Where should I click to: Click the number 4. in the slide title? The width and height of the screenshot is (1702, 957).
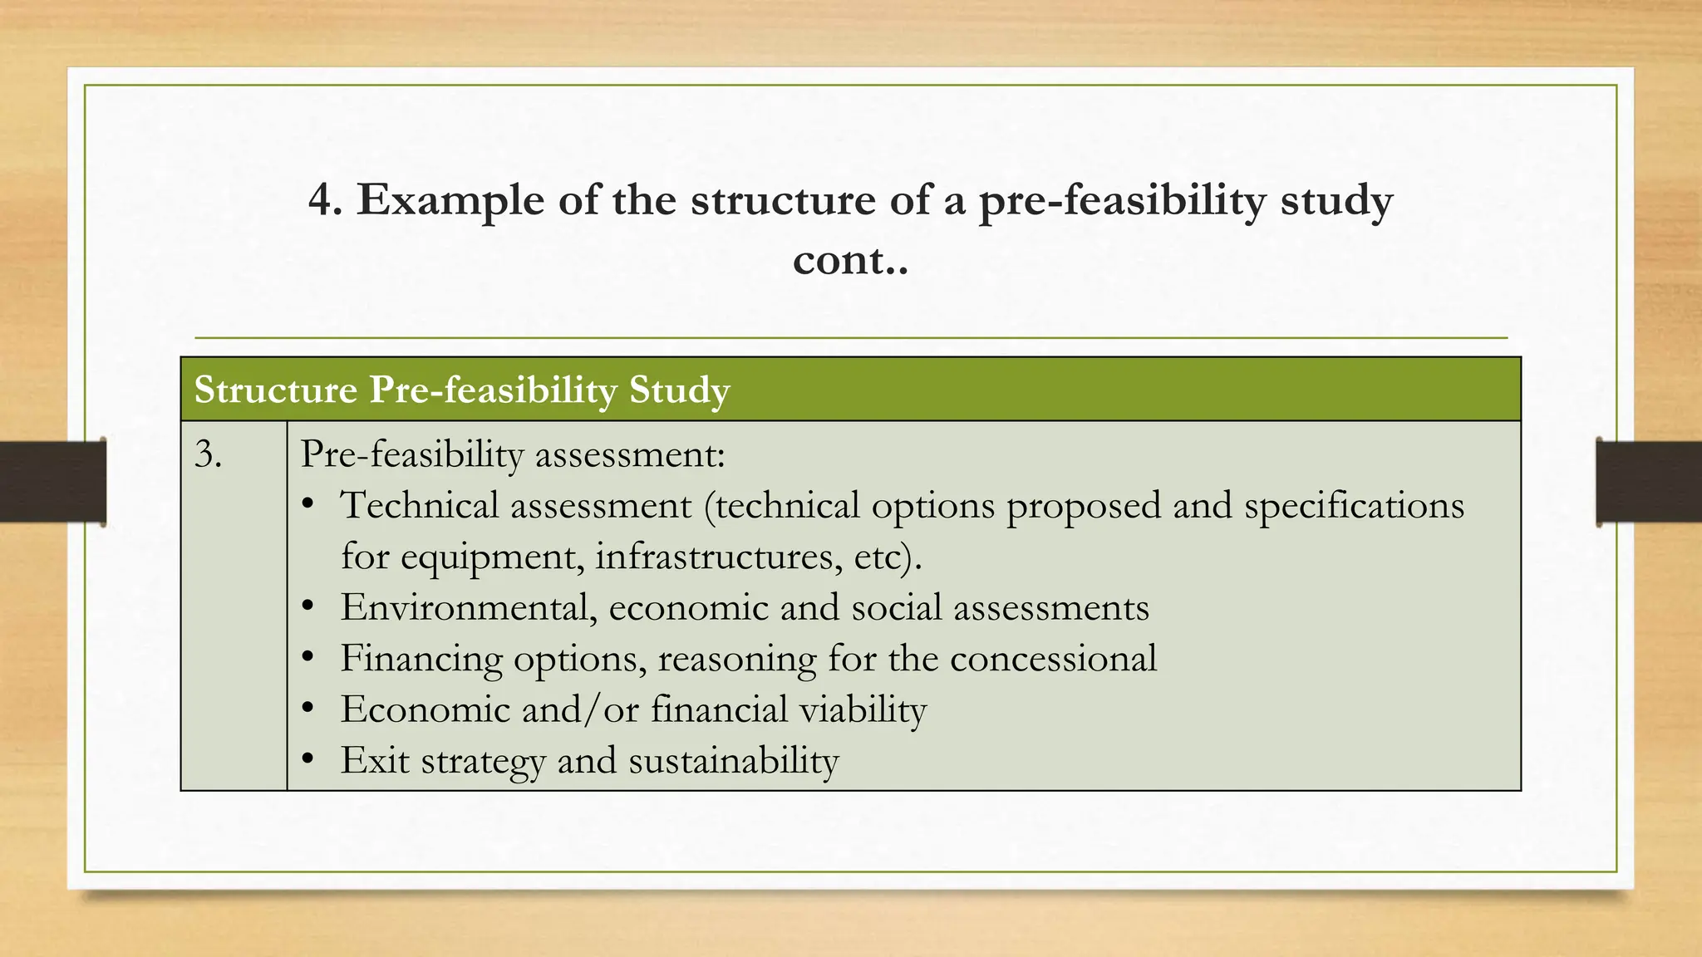tap(325, 200)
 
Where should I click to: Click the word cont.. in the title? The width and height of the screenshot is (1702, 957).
tap(850, 260)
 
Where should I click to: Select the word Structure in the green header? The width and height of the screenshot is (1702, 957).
tap(276, 390)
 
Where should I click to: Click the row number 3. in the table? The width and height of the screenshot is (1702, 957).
tap(208, 455)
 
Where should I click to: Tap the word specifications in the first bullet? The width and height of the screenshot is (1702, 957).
tap(1353, 507)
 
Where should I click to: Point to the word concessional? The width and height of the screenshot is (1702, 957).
tap(1053, 658)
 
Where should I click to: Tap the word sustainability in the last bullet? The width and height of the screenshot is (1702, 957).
tap(733, 761)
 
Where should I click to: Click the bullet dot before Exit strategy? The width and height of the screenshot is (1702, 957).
tap(307, 758)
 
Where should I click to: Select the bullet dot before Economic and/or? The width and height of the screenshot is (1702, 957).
tap(307, 708)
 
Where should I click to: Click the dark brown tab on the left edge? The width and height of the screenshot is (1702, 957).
tap(52, 482)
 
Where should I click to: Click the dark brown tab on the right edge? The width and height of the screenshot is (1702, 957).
tap(1649, 482)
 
